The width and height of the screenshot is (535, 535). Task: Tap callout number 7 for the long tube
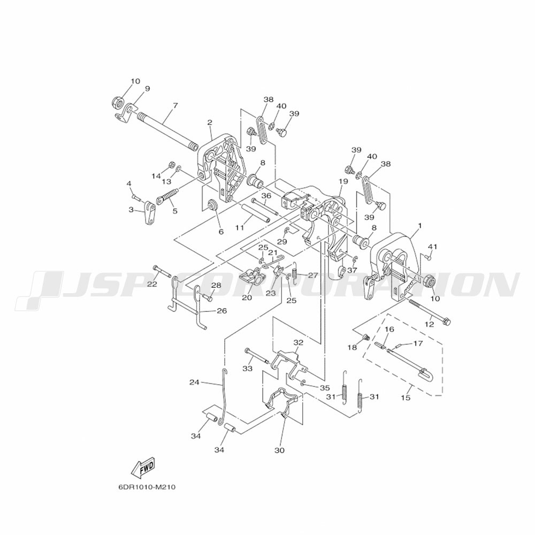175,105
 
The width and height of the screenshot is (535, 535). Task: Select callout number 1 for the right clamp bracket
419,226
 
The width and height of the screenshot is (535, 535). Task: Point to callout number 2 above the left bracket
210,122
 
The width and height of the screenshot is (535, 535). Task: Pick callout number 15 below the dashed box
406,398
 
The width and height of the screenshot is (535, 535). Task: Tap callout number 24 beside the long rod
194,383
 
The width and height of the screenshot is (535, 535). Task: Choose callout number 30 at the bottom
279,450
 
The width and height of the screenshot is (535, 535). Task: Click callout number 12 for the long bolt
429,324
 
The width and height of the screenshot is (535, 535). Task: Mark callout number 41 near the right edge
433,246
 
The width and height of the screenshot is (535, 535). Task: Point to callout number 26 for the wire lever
222,311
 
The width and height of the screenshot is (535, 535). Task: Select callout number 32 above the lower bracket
298,342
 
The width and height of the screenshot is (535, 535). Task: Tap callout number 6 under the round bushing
221,232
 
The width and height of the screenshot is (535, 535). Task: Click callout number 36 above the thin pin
266,195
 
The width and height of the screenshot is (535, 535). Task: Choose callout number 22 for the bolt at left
152,284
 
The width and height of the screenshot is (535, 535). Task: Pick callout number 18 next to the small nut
352,347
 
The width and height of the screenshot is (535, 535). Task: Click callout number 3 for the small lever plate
132,210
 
